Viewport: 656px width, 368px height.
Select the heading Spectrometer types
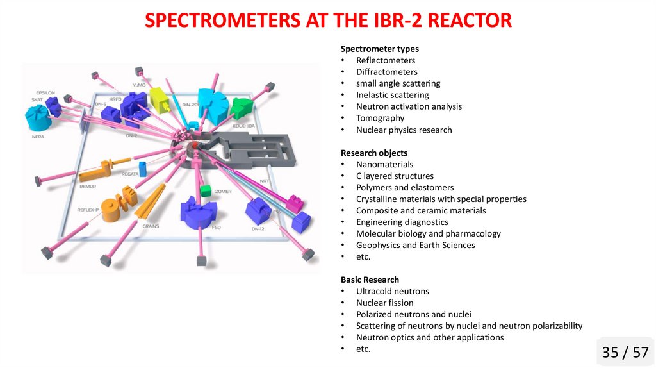[x=380, y=49]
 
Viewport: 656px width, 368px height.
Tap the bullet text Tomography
[x=381, y=118]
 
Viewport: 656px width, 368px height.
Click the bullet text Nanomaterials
[x=385, y=164]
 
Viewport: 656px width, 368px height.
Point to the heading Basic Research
[x=370, y=280]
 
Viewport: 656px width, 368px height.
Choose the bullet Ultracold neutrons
[x=393, y=291]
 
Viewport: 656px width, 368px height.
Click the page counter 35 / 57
[x=625, y=352]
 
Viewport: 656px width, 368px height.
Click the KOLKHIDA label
[x=244, y=126]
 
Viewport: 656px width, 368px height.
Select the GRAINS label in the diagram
[x=151, y=225]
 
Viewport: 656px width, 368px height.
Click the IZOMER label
[x=223, y=191]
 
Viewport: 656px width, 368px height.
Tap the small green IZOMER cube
[x=206, y=190]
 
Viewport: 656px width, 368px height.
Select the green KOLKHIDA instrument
[x=242, y=108]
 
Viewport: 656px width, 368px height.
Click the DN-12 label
[x=258, y=228]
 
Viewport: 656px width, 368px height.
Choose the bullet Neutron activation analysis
[x=409, y=106]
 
